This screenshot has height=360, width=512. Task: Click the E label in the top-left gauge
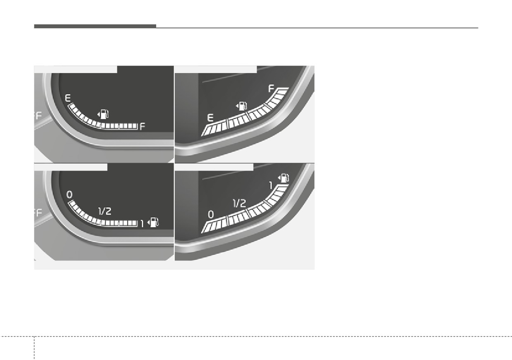pos(68,98)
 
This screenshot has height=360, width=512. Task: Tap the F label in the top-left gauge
pos(142,126)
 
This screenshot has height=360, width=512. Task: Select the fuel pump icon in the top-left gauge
pos(103,114)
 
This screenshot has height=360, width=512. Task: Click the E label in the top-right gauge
pos(210,118)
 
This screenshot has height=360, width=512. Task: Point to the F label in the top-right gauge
pos(271,89)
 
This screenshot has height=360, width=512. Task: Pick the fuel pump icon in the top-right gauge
pos(242,106)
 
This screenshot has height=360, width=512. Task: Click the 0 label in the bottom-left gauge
pos(69,194)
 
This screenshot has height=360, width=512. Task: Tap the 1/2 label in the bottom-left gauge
pos(105,211)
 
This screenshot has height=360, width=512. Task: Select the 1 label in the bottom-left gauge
pos(142,224)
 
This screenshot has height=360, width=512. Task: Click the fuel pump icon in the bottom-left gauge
pos(153,223)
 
